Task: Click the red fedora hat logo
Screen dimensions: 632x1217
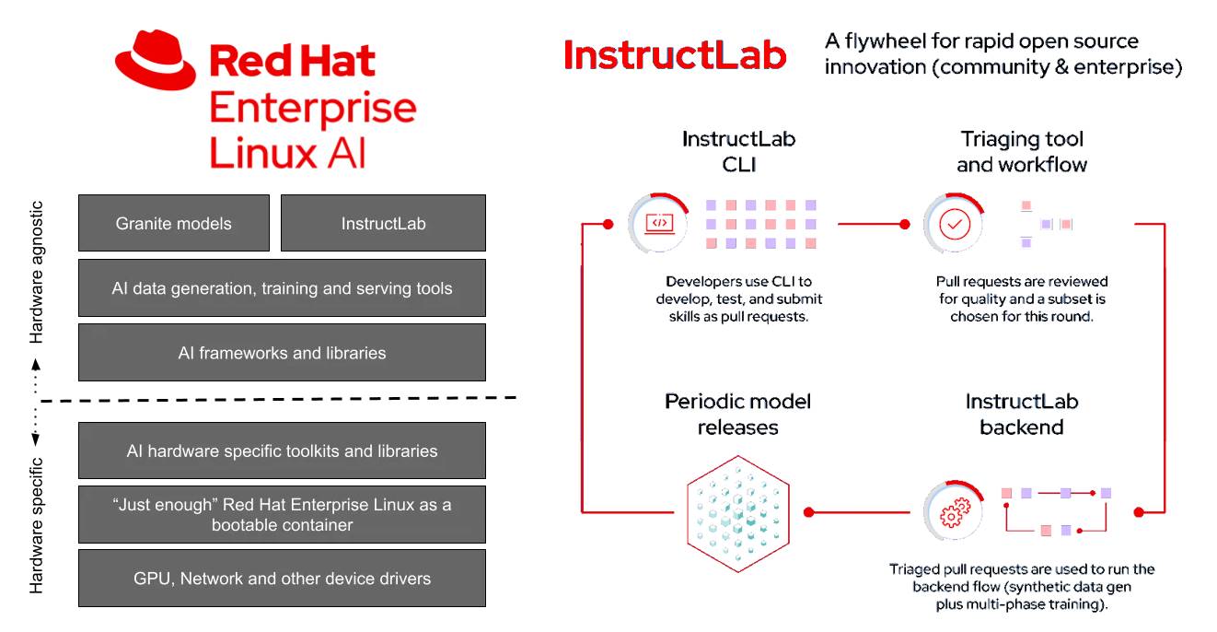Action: click(156, 60)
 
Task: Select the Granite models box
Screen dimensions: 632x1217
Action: click(174, 223)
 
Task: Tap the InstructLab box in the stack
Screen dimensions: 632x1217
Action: click(383, 223)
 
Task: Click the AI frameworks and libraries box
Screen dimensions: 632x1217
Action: click(282, 353)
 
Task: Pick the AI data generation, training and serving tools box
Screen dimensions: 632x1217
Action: click(282, 288)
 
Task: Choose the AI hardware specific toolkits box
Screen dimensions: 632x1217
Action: click(282, 451)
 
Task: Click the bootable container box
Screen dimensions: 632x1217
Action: click(282, 515)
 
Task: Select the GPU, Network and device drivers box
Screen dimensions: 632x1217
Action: click(282, 579)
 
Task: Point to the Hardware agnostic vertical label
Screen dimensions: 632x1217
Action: click(37, 272)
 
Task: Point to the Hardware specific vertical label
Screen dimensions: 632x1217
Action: click(37, 525)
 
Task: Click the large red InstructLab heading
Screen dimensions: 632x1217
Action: click(675, 55)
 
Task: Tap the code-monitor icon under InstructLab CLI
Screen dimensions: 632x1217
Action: click(658, 223)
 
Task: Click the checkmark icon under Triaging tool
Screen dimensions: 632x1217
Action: click(955, 224)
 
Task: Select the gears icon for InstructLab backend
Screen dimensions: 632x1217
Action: click(954, 511)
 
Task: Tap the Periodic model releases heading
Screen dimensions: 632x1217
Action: click(737, 415)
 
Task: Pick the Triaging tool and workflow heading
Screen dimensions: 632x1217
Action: click(1022, 152)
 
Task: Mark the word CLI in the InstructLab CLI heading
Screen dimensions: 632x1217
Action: click(738, 165)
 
